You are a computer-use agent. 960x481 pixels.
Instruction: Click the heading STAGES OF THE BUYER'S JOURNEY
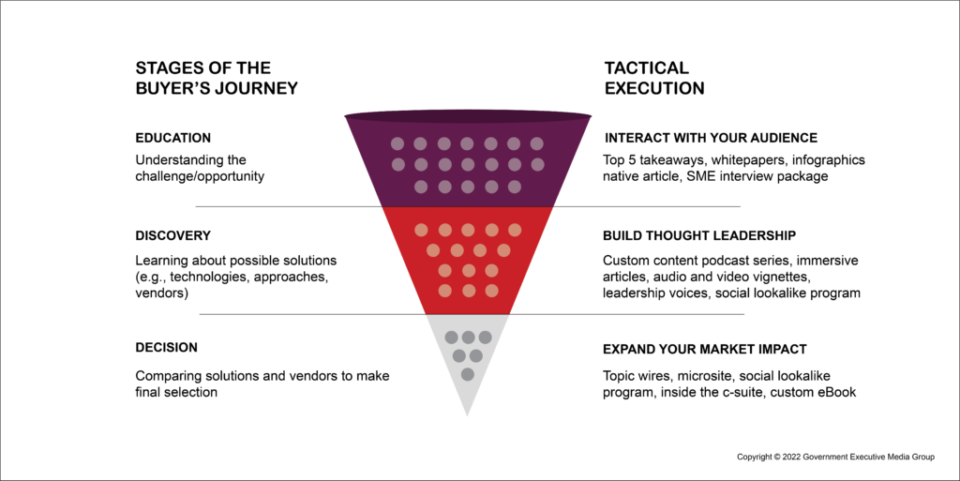tap(217, 78)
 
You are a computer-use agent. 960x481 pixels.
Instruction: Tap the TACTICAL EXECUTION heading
tap(654, 78)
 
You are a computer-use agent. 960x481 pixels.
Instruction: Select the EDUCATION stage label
tap(173, 138)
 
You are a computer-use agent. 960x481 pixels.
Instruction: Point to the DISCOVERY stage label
tap(173, 235)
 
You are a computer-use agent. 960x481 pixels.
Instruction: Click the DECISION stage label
tap(167, 348)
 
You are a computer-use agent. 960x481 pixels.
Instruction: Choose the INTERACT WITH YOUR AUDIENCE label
tap(712, 138)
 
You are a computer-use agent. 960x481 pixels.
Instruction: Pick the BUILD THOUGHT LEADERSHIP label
tap(699, 235)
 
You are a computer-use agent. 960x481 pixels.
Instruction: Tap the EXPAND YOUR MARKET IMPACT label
tap(705, 350)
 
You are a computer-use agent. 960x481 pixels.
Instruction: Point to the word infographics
tap(829, 160)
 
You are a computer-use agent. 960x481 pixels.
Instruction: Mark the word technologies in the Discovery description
tap(209, 278)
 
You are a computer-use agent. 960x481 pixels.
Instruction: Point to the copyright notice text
tap(835, 458)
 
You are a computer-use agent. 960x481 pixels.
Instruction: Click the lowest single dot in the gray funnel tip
tap(467, 374)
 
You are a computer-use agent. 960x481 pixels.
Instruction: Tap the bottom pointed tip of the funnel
tap(467, 416)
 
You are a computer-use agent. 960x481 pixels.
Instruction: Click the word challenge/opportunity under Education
tap(200, 177)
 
